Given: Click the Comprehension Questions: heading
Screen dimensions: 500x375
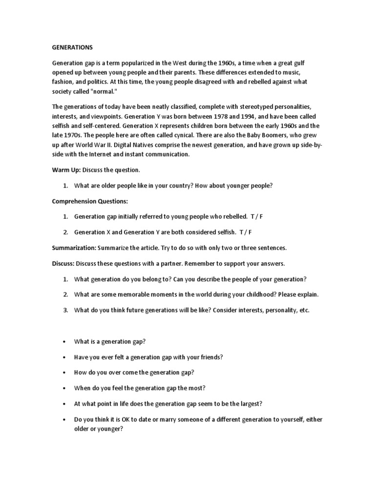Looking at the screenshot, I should [90, 201].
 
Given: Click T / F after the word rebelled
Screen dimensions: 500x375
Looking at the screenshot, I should [256, 216].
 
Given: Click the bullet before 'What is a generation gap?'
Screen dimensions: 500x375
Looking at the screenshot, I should [64, 342].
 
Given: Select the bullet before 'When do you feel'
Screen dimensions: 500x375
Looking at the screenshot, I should [64, 388].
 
